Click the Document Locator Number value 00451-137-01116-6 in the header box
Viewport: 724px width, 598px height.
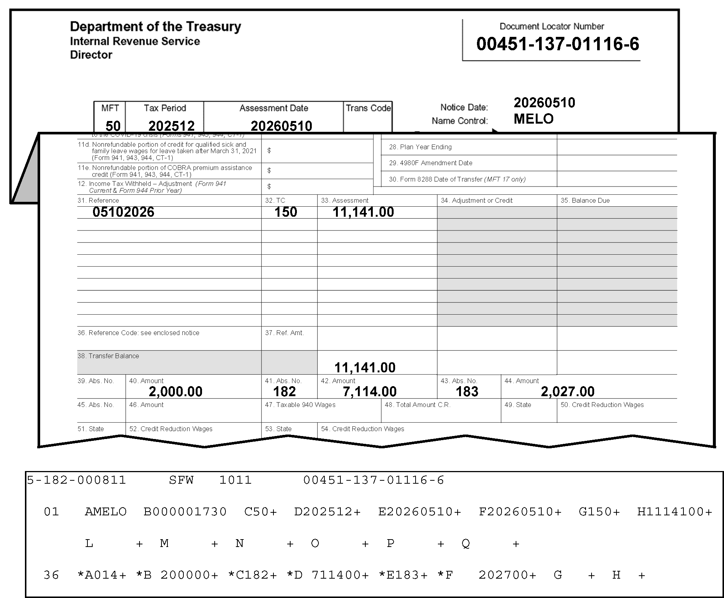557,44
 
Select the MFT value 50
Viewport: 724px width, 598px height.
113,125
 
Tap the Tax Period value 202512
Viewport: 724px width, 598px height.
172,125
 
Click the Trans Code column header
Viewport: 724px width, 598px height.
368,108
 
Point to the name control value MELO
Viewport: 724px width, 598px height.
534,119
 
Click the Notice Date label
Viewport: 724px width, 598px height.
464,107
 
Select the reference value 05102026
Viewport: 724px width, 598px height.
123,212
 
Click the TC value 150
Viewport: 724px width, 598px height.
286,212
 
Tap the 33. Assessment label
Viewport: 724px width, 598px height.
345,200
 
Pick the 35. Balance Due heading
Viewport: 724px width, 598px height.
585,200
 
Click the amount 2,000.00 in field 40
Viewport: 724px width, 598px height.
176,391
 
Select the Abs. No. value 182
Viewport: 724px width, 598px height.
285,391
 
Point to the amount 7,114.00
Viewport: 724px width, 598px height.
370,391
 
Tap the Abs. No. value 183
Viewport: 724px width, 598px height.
467,391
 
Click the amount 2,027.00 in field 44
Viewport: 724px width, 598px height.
568,391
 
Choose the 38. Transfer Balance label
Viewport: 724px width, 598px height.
108,356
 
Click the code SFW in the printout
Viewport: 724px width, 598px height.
181,480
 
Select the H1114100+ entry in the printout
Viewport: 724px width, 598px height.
675,512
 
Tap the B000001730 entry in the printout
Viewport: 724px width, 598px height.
185,512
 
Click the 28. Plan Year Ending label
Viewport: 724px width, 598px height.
420,147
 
